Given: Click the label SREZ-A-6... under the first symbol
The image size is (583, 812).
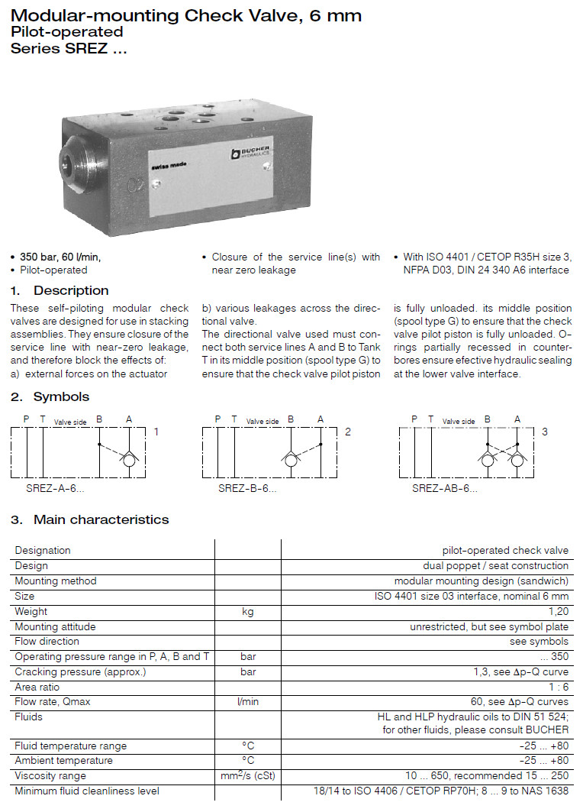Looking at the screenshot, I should [50, 487].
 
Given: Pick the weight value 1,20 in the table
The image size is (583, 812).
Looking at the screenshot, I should [558, 611].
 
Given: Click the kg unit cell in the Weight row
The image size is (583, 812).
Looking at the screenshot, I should [248, 611].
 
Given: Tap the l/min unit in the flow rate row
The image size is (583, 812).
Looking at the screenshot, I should [248, 702].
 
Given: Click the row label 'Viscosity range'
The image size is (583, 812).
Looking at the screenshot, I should [50, 776].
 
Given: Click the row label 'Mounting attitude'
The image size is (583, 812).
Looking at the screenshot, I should [56, 626].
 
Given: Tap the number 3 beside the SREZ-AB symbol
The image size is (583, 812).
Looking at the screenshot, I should [545, 432].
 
